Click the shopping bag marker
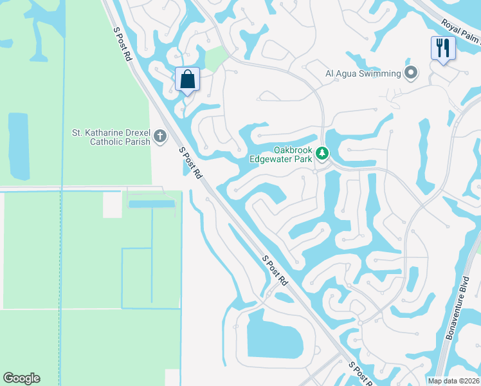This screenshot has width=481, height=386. coord(187,80)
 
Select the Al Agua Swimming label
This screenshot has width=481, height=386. coord(363,73)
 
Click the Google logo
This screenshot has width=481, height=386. coord(21,378)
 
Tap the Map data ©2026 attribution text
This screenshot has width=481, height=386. coord(453,381)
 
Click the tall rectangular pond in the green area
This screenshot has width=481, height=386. coord(19,146)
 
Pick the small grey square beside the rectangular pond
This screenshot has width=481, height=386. coord(112,205)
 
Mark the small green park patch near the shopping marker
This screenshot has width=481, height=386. coord(216,59)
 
